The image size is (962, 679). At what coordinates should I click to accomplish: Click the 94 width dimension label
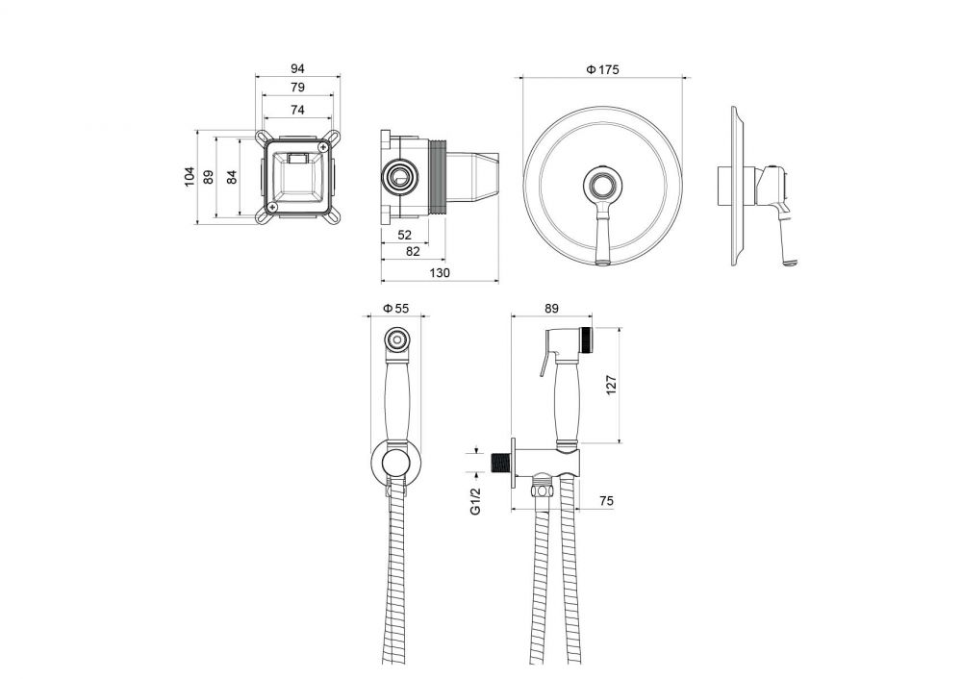click(x=297, y=68)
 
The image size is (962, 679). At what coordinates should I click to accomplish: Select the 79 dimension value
click(x=297, y=88)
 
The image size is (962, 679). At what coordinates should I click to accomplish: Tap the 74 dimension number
click(x=297, y=110)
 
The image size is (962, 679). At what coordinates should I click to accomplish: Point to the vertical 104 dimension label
click(x=190, y=177)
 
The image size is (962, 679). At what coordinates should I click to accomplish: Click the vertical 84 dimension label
click(x=231, y=177)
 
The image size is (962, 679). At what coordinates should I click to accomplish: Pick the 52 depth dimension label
click(x=404, y=235)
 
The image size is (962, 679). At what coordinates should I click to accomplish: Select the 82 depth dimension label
click(x=413, y=251)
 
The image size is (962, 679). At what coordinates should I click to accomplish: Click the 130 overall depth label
click(x=440, y=273)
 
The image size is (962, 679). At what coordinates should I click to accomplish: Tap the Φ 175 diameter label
click(x=602, y=70)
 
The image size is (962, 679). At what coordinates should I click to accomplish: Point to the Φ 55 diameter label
click(x=395, y=308)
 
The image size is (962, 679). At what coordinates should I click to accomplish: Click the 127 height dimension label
click(x=611, y=385)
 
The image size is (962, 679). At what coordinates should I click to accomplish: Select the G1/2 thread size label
click(x=476, y=500)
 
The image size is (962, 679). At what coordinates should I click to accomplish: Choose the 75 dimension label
click(x=606, y=501)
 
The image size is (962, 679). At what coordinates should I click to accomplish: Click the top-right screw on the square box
click(x=323, y=146)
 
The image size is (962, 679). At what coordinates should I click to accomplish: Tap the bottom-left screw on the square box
click(x=272, y=209)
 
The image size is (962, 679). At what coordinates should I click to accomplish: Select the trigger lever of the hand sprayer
click(x=546, y=361)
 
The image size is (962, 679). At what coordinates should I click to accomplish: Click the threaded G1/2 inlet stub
click(x=502, y=464)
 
